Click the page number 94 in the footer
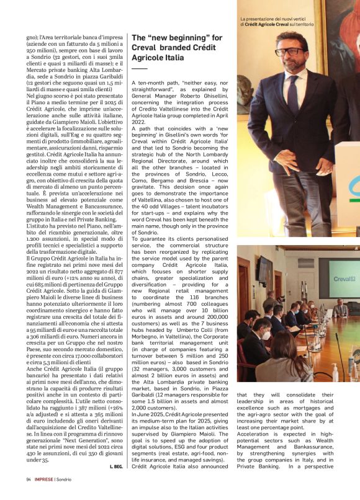(29, 479)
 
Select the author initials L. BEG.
(115, 466)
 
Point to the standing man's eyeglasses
(289, 51)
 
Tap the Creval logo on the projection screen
(342, 279)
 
